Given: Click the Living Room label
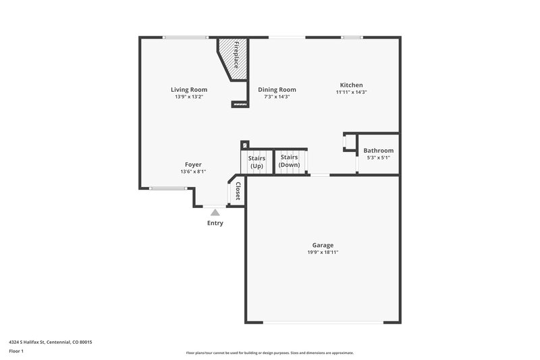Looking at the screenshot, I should click(x=188, y=89).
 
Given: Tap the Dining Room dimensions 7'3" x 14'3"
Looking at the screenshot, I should click(x=277, y=97).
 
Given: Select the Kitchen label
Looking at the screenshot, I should click(x=351, y=84).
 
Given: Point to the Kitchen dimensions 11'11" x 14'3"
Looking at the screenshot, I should click(x=351, y=92).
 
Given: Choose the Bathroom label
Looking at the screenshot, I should click(x=378, y=151).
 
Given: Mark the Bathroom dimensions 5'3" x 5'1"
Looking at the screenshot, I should click(x=378, y=158).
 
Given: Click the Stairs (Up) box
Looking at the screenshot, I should click(x=256, y=161).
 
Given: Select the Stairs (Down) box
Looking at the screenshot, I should click(x=290, y=161).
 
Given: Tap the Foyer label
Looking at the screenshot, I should click(x=193, y=164).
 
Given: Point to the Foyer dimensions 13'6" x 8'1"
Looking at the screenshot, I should click(x=193, y=172).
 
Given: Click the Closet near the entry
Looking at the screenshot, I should click(x=237, y=190).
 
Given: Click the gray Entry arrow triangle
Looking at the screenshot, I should click(x=215, y=212).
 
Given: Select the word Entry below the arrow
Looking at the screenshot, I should click(x=215, y=223).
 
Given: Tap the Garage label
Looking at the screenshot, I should click(x=322, y=245).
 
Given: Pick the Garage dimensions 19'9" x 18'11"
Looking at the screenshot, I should click(x=322, y=253).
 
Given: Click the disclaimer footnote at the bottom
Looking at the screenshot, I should click(x=269, y=353).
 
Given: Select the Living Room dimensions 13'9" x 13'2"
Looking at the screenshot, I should click(x=188, y=97).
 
